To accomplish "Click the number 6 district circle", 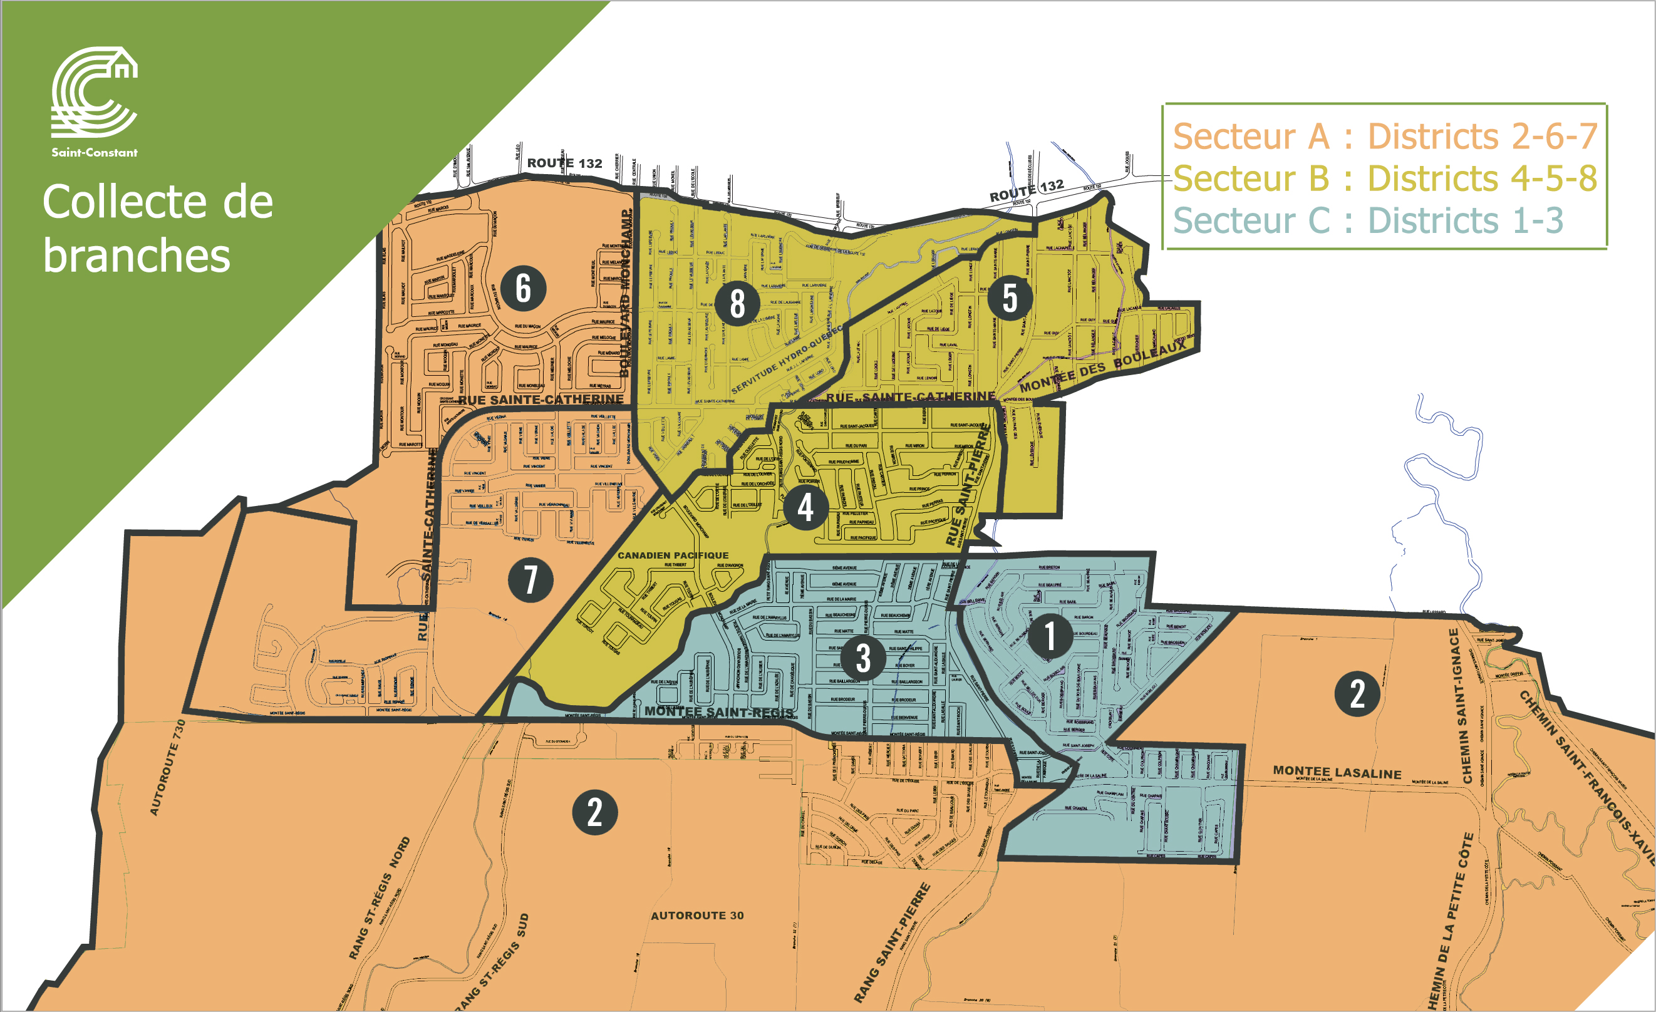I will (x=523, y=287).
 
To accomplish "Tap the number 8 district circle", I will (x=737, y=303).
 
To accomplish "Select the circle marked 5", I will (x=1010, y=297).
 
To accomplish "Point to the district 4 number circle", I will (x=805, y=507).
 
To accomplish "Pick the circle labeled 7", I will (x=530, y=579).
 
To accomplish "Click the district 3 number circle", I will (x=863, y=657).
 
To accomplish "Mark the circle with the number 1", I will (x=1050, y=636).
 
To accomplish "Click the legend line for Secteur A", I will (x=1384, y=137).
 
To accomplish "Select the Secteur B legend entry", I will (x=1384, y=178).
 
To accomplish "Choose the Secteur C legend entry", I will (x=1368, y=220).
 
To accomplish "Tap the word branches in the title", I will (x=137, y=257).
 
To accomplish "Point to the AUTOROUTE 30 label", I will (x=697, y=915).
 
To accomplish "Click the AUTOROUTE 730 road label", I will (x=167, y=767).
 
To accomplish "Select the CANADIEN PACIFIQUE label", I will (x=673, y=555).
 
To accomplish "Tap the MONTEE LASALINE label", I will (x=1337, y=773).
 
